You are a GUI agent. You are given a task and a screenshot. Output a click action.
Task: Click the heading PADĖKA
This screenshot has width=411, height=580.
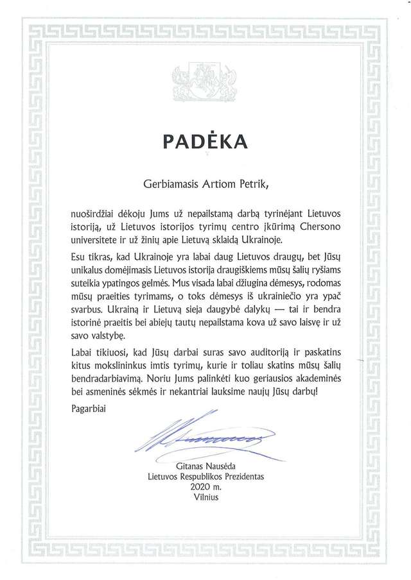coord(205,141)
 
